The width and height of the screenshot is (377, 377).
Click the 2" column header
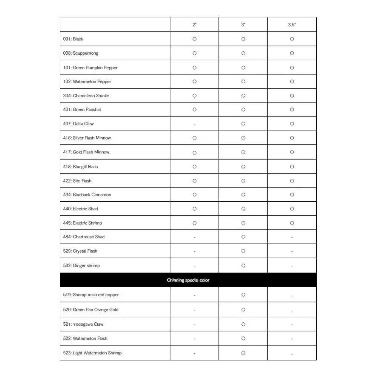195,25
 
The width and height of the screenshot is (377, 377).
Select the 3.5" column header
292,25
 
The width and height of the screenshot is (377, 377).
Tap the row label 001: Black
73,39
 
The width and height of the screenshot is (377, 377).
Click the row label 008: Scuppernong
81,53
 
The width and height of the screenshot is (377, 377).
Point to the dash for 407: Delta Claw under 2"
195,124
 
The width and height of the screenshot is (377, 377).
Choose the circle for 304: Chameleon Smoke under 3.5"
292,96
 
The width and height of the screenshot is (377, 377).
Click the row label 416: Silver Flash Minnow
87,138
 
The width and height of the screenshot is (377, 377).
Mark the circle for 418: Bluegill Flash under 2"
195,167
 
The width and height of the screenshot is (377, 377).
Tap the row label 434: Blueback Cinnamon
87,195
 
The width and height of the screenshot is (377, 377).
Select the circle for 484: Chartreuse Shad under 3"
243,237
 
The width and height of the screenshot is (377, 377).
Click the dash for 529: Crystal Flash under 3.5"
292,251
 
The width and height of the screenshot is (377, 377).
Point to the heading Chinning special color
188,280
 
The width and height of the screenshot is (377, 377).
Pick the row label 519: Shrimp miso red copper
91,295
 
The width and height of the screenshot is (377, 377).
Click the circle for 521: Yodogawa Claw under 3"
243,324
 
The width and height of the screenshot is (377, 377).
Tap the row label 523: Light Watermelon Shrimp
92,353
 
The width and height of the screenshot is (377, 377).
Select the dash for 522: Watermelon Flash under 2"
195,339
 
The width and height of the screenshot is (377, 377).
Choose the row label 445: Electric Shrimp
83,223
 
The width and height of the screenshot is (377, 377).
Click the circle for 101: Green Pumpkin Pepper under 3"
243,68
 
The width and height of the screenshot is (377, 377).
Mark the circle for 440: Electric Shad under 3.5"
292,209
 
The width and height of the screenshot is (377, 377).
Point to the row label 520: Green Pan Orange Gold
91,310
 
